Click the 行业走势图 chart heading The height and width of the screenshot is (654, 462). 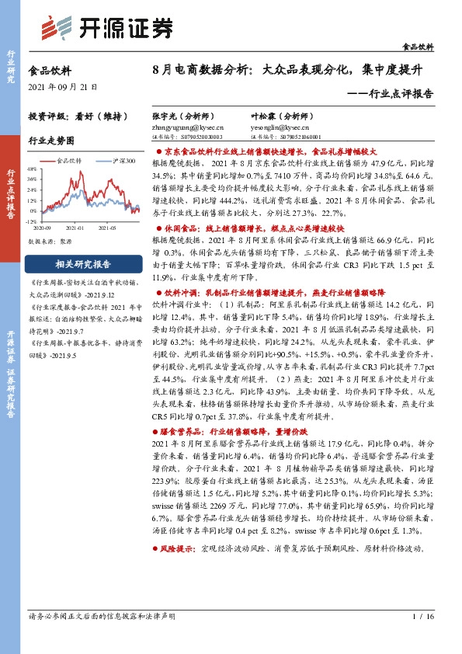(x=50, y=141)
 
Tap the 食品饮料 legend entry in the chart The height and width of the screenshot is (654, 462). (x=69, y=161)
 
